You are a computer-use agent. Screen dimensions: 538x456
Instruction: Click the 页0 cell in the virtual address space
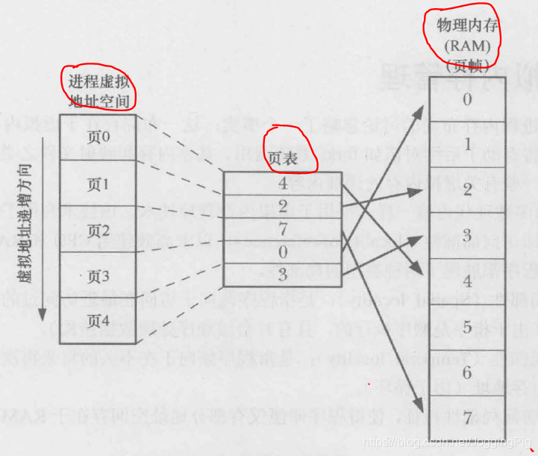tap(98, 137)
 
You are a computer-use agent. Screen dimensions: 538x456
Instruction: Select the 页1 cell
tap(98, 184)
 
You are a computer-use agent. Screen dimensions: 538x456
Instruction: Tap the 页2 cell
tap(98, 230)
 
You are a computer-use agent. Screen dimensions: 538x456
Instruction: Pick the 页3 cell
tap(98, 277)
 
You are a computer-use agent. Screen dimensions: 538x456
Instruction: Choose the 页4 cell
tap(98, 321)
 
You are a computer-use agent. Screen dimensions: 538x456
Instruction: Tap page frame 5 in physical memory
tap(467, 327)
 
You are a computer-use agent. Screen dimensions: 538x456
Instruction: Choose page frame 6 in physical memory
tap(467, 372)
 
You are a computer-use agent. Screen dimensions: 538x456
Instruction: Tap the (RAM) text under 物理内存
tap(467, 46)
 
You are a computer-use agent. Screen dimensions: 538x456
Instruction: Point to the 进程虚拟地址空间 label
tap(99, 89)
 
